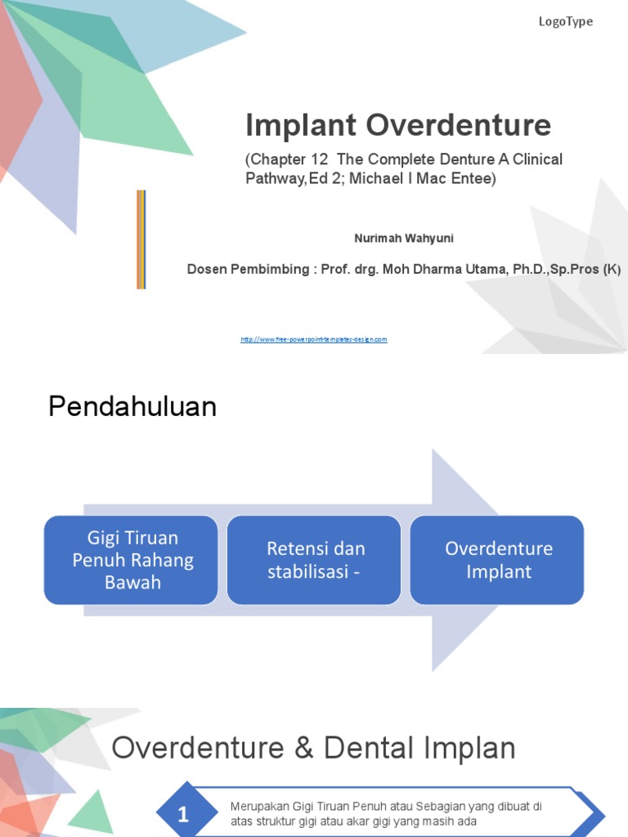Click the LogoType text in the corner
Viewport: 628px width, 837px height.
(x=565, y=22)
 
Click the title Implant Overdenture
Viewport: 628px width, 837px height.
(x=398, y=126)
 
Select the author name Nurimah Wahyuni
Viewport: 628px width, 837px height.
(x=403, y=239)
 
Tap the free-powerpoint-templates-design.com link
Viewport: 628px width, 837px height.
(x=313, y=339)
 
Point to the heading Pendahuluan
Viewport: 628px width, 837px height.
(x=132, y=406)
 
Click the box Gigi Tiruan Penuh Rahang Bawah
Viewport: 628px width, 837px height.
(x=131, y=560)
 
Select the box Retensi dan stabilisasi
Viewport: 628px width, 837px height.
(x=314, y=560)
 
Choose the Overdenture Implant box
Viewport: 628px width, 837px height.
(x=497, y=560)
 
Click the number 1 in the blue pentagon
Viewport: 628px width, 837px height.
(x=183, y=814)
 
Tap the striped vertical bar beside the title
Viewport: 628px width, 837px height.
(x=141, y=239)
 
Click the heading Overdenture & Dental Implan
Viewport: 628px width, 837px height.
(x=313, y=748)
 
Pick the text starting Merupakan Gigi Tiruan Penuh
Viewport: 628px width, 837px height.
(x=386, y=813)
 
